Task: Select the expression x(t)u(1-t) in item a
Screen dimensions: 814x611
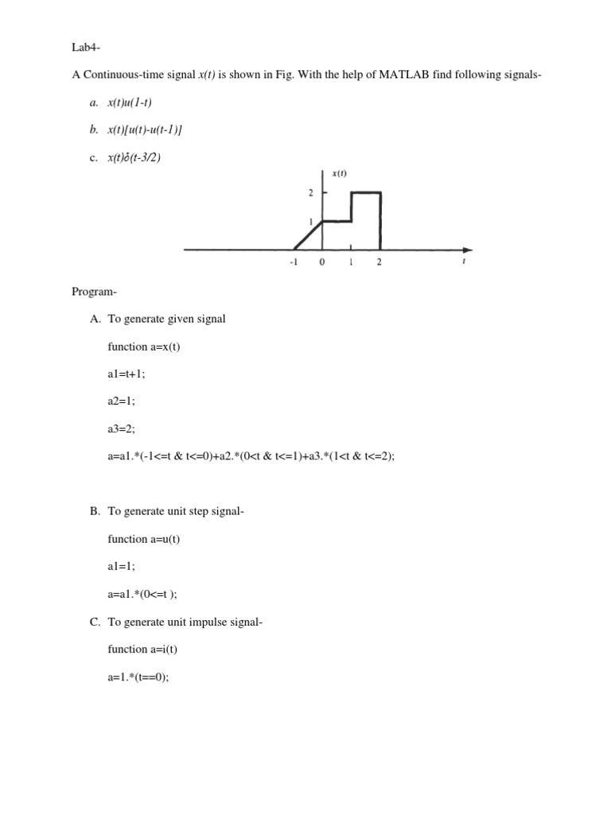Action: click(130, 103)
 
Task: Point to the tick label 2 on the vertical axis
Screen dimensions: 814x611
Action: click(311, 193)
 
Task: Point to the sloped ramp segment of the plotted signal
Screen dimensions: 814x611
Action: click(309, 235)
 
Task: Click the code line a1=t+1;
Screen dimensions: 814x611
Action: click(126, 374)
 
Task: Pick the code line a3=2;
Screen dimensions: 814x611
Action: click(122, 428)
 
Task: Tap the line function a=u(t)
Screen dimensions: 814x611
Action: click(144, 539)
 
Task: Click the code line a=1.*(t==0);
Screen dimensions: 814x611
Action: click(138, 676)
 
